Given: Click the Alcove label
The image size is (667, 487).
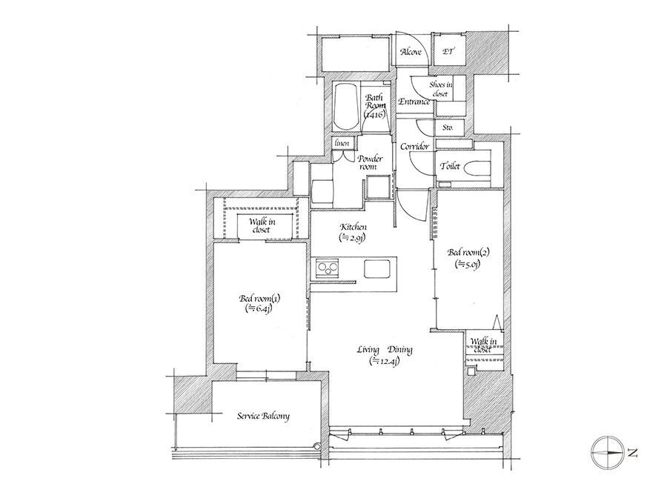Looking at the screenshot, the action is (x=411, y=51).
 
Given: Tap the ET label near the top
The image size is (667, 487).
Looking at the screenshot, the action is (x=448, y=51).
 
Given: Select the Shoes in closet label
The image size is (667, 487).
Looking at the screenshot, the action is (x=441, y=89).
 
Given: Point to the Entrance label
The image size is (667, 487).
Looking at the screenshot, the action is (x=414, y=102).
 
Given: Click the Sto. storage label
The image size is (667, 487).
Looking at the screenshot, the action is (x=448, y=127).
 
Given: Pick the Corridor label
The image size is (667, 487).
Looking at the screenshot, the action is (x=415, y=147).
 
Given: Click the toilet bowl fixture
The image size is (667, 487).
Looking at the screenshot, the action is (x=477, y=168).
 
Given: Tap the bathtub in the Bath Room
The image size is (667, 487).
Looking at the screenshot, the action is (x=347, y=107).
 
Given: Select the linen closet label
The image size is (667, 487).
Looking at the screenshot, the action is (x=342, y=143).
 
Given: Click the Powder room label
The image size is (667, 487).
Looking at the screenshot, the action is (x=370, y=162).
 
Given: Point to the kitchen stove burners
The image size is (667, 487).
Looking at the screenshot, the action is (x=327, y=268).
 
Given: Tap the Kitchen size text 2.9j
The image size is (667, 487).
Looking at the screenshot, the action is (x=353, y=238).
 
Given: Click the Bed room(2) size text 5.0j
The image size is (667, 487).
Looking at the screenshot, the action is (x=468, y=264).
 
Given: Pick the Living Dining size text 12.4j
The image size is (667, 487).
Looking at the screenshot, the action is (x=385, y=362).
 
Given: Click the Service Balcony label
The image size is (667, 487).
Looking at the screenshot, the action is (x=263, y=416).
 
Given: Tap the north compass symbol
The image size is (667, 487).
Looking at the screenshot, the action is (x=608, y=453).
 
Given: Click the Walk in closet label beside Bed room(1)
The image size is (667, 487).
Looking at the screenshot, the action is (x=262, y=225).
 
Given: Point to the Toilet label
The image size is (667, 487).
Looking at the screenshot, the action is (x=450, y=166).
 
